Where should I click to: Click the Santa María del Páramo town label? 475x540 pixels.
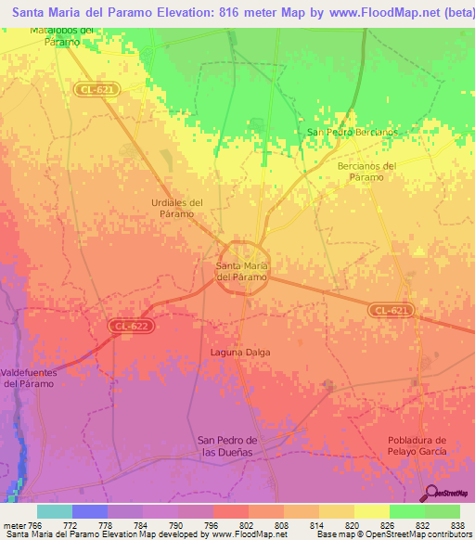[242, 271]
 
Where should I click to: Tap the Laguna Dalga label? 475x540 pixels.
[244, 353]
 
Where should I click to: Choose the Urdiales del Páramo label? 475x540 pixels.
[176, 208]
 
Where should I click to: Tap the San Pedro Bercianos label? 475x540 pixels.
[352, 132]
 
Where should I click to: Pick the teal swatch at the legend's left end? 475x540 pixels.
[54, 510]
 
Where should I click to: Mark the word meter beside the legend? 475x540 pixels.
[13, 524]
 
